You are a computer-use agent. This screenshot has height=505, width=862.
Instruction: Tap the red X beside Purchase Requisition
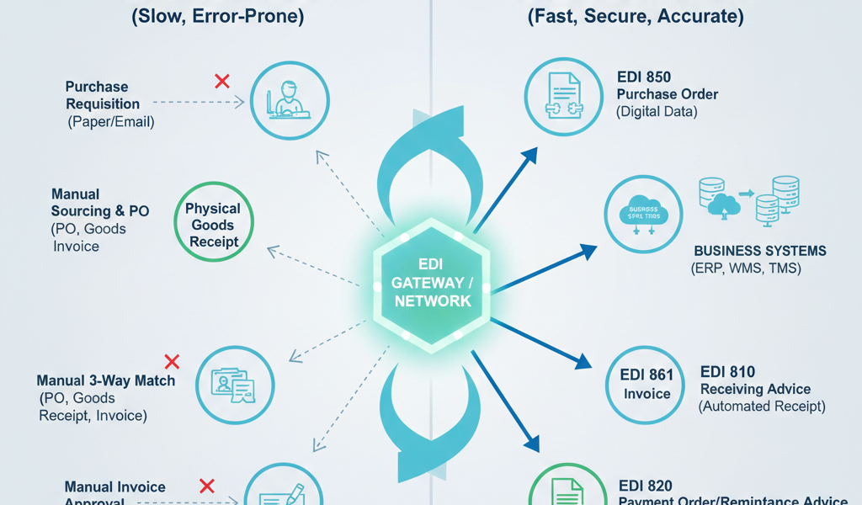222,81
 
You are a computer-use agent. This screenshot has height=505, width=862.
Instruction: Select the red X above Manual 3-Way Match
172,362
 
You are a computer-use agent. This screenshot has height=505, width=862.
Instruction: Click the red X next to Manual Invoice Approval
206,486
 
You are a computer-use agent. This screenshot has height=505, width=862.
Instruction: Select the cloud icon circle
644,215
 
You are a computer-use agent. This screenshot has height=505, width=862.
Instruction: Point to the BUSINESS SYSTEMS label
759,251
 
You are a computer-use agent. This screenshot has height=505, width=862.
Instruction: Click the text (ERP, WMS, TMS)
745,268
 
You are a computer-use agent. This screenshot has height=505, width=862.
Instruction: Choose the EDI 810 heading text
727,372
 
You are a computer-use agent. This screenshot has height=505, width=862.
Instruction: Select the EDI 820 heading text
646,485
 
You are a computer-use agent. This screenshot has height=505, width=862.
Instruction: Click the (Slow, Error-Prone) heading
218,16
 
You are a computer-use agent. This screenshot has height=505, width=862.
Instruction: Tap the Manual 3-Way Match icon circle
235,385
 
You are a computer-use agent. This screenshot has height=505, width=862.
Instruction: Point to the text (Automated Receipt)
762,406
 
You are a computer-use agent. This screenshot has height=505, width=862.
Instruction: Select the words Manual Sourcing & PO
98,203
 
